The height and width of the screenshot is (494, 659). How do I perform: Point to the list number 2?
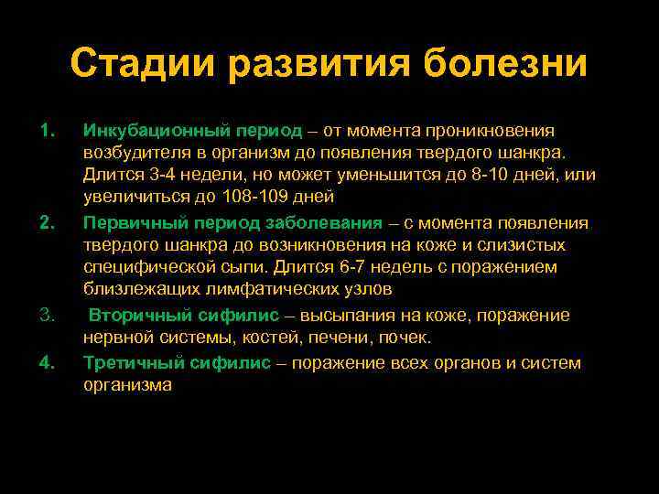(x=49, y=222)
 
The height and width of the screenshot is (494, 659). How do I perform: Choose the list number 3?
(x=49, y=316)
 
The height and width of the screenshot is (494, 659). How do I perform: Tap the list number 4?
(x=49, y=362)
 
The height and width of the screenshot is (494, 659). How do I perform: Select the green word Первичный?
(x=125, y=223)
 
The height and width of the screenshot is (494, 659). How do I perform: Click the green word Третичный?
(x=127, y=363)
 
